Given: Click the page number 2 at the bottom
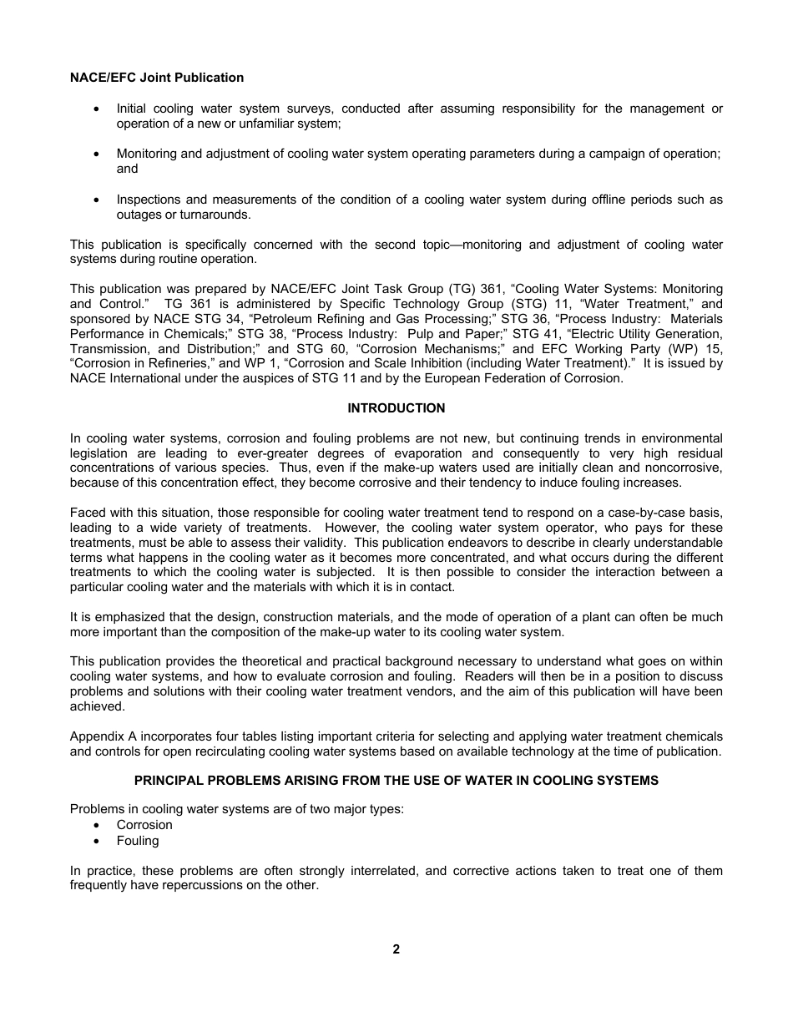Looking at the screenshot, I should click(396, 949).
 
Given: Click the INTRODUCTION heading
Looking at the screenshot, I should click(396, 408).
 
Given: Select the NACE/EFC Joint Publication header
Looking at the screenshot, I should click(157, 78).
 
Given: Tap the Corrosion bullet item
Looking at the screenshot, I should click(144, 825).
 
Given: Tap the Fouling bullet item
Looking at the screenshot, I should click(138, 841).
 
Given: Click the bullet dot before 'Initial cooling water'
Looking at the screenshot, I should click(98, 109).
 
